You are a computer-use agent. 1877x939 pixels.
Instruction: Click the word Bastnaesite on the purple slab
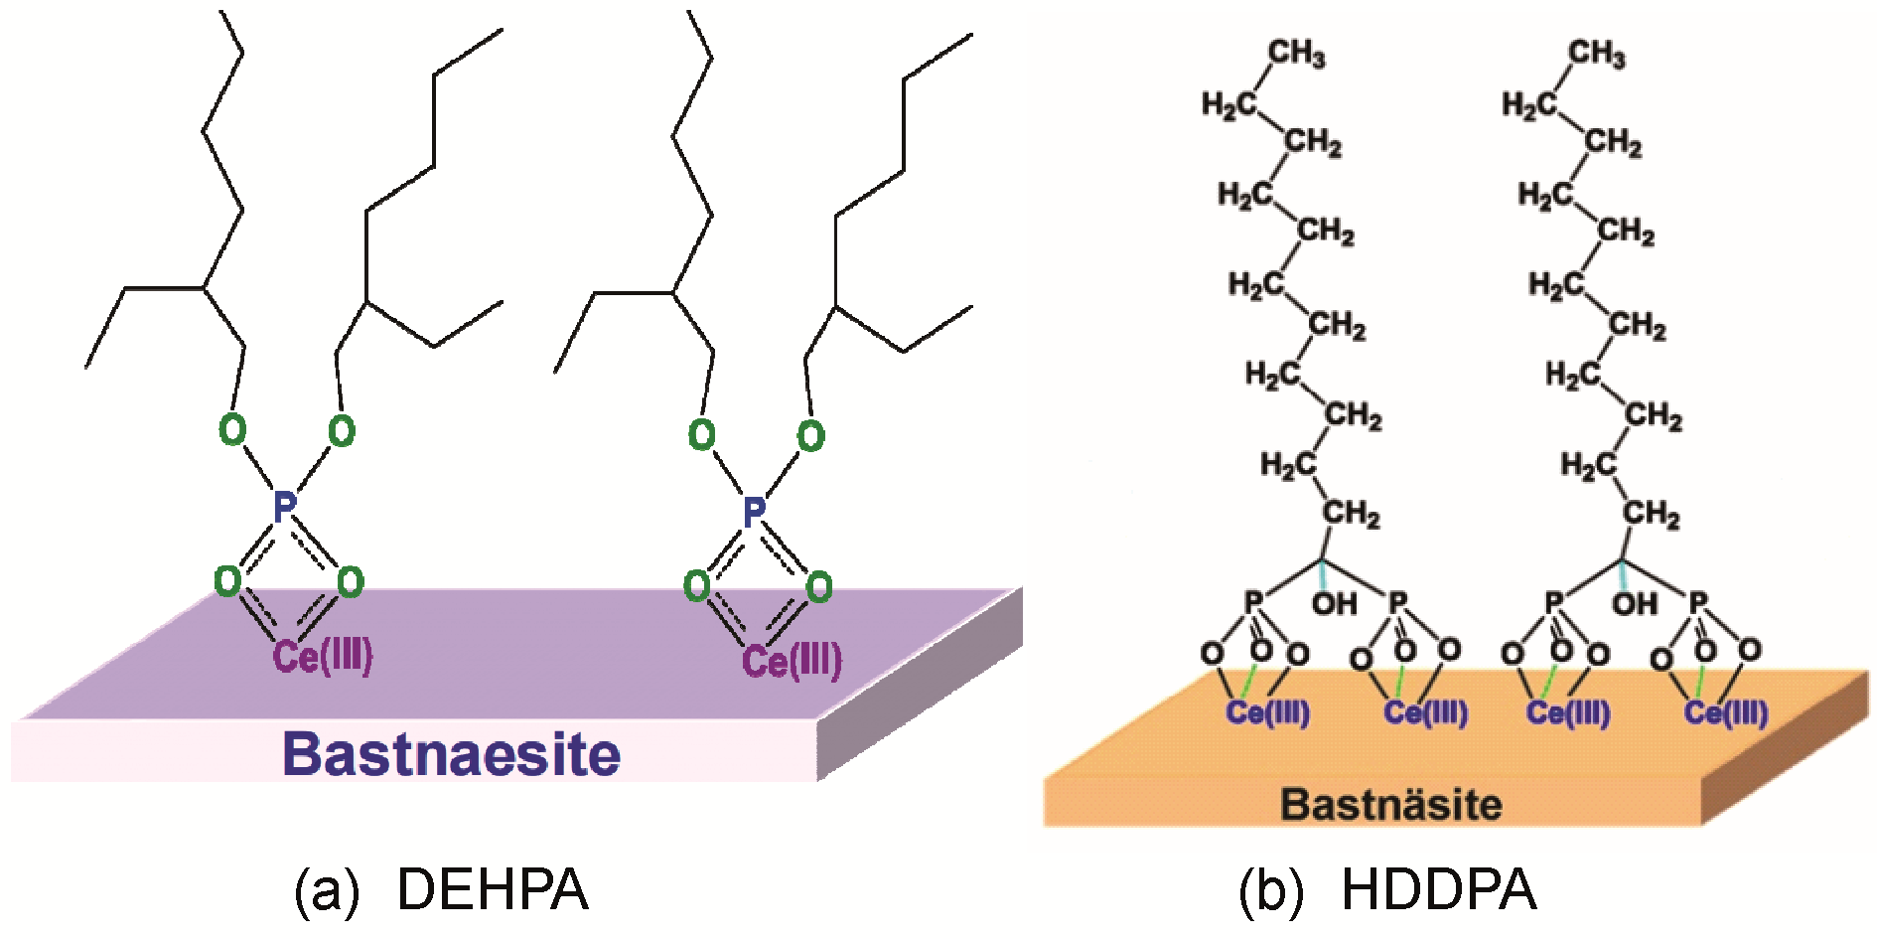click(x=452, y=754)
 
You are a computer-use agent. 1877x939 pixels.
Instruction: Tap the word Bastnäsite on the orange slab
click(x=1390, y=804)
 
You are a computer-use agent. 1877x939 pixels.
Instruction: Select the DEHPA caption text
click(x=493, y=889)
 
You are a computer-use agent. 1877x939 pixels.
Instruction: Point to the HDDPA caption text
click(x=1438, y=889)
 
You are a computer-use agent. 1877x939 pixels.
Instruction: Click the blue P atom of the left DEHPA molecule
click(x=284, y=507)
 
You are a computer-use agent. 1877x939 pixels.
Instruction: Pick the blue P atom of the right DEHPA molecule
click(x=754, y=512)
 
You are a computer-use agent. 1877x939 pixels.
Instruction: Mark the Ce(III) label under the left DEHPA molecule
click(x=323, y=656)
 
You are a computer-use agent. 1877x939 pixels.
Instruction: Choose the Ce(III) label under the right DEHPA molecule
click(x=792, y=661)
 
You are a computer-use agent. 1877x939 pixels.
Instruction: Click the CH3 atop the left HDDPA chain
click(x=1296, y=53)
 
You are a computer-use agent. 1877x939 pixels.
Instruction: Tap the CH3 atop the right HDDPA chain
click(x=1597, y=53)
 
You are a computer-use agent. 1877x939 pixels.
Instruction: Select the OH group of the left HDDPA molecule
click(x=1334, y=603)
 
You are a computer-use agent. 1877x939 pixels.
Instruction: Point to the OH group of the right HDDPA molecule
click(x=1634, y=603)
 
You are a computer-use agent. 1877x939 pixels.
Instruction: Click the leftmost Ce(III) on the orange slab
click(x=1267, y=712)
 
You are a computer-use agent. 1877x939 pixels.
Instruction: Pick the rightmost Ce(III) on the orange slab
click(x=1726, y=712)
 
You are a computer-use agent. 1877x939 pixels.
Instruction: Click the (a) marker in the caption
click(x=326, y=890)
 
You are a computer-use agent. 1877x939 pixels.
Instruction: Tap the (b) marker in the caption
click(x=1270, y=890)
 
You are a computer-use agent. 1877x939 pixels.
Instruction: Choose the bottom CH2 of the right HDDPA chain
click(x=1652, y=514)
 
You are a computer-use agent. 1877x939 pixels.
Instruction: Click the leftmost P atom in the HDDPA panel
click(x=1253, y=601)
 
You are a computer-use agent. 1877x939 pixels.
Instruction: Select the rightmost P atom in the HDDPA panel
click(x=1698, y=601)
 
